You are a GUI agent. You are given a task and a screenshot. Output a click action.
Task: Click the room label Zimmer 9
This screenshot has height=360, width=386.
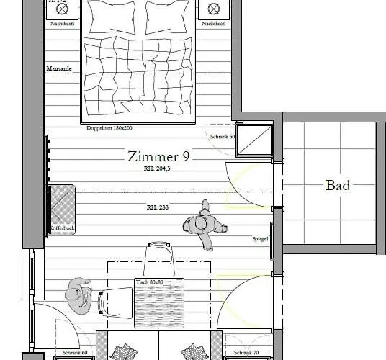click(x=158, y=156)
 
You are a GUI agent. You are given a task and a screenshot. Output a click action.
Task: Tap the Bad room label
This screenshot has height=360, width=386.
click(x=338, y=185)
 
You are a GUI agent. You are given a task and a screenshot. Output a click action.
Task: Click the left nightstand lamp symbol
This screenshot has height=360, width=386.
click(x=63, y=9)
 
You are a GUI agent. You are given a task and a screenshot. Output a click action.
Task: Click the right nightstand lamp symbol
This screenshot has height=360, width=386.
click(x=214, y=9)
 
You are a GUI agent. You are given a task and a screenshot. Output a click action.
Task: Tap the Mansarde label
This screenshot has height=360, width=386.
click(x=60, y=69)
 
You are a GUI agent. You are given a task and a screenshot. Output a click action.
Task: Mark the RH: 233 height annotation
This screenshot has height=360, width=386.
click(x=157, y=207)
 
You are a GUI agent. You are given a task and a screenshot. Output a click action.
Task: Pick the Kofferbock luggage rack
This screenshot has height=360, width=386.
click(x=62, y=208)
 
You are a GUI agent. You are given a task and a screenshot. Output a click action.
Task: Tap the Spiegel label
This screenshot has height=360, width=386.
click(x=261, y=239)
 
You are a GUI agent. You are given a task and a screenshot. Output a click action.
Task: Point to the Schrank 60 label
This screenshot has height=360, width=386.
click(x=75, y=354)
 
